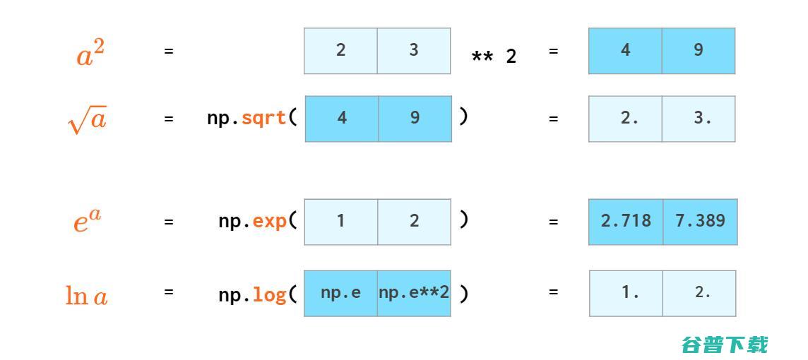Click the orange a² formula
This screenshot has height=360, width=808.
[90, 52]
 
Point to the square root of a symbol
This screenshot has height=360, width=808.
[87, 121]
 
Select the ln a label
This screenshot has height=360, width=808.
[87, 296]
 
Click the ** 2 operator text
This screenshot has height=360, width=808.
[494, 56]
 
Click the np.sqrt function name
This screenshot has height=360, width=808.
[246, 118]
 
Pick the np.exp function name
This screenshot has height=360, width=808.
[253, 221]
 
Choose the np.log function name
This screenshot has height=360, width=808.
[253, 294]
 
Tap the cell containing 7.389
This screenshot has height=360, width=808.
[701, 222]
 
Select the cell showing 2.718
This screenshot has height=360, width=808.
[626, 222]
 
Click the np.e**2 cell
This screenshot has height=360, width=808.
[414, 294]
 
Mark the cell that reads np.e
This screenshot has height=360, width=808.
[340, 294]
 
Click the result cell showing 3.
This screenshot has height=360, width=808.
[699, 119]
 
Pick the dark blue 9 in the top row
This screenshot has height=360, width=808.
[699, 51]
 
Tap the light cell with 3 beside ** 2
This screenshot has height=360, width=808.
[414, 51]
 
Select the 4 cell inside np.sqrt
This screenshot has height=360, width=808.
[342, 119]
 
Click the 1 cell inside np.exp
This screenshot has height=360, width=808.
[341, 222]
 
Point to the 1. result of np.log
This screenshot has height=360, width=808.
[626, 294]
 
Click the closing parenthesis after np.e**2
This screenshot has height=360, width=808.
[464, 294]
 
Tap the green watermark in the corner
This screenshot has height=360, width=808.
[725, 344]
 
